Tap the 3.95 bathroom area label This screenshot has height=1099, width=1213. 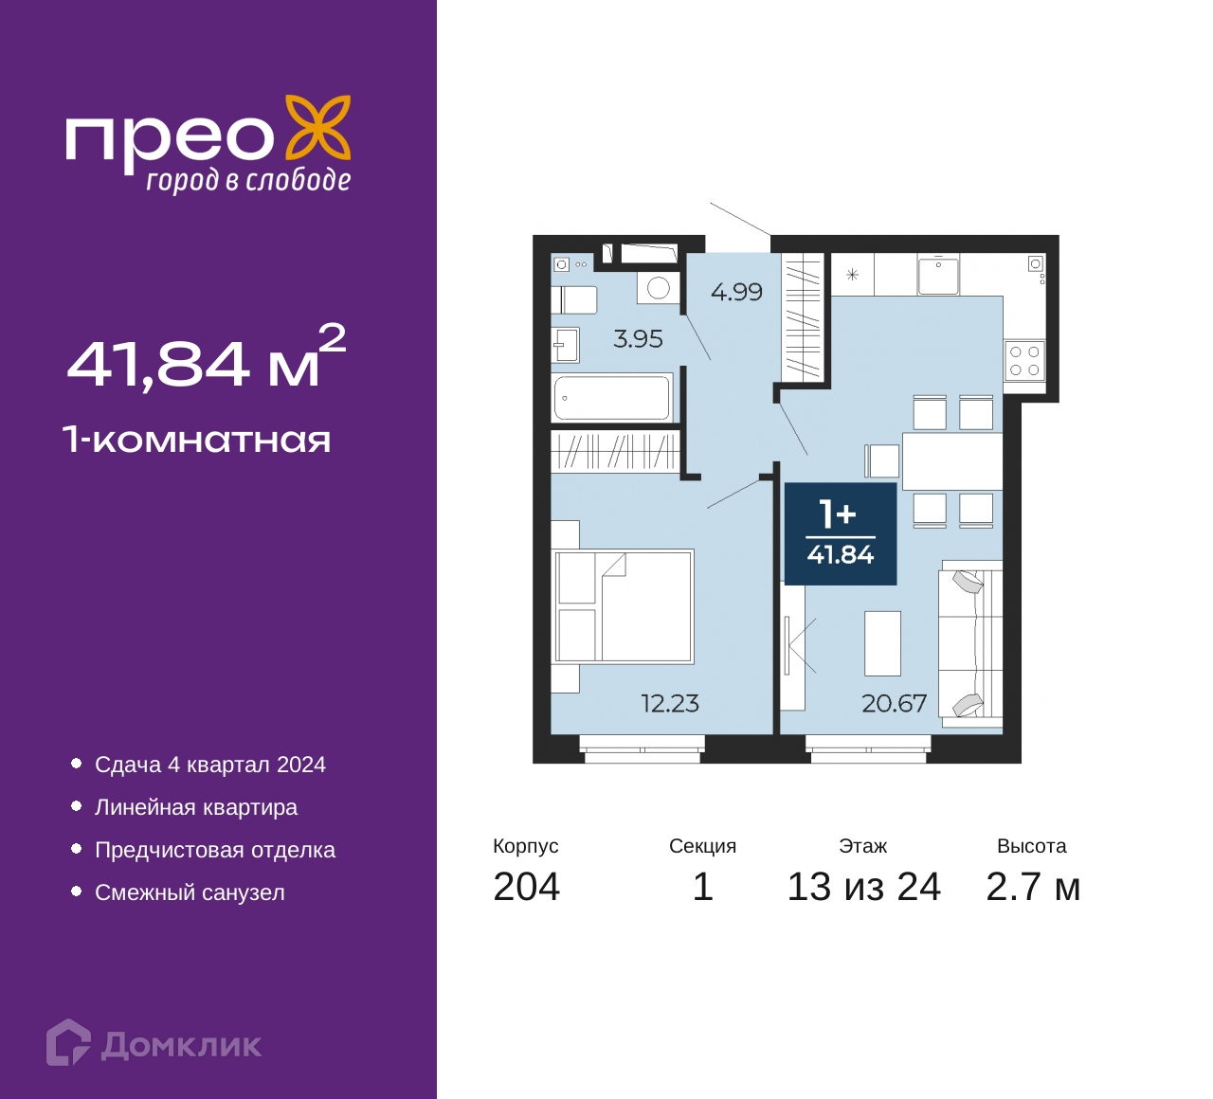click(x=638, y=339)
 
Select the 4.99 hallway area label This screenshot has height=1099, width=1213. click(x=736, y=293)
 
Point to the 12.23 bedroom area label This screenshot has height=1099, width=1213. click(x=670, y=704)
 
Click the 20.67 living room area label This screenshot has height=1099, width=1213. click(x=894, y=704)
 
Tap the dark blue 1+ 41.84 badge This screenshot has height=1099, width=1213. click(x=841, y=533)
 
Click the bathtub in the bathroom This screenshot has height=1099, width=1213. click(x=613, y=397)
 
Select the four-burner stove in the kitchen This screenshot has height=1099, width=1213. click(x=1025, y=361)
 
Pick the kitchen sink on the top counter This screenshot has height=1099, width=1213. click(x=938, y=275)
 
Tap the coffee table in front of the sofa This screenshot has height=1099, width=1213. click(x=883, y=643)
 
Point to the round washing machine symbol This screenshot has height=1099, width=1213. click(x=659, y=288)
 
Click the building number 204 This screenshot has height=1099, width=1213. click(x=527, y=887)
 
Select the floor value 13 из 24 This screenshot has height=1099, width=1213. click(x=863, y=887)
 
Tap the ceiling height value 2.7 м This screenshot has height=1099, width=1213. click(x=1033, y=887)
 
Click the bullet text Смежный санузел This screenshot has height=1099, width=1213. click(x=190, y=892)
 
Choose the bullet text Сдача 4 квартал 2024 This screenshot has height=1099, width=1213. click(x=210, y=766)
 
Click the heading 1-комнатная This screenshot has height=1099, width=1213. click(x=197, y=441)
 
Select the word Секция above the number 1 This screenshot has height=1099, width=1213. click(x=702, y=846)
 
